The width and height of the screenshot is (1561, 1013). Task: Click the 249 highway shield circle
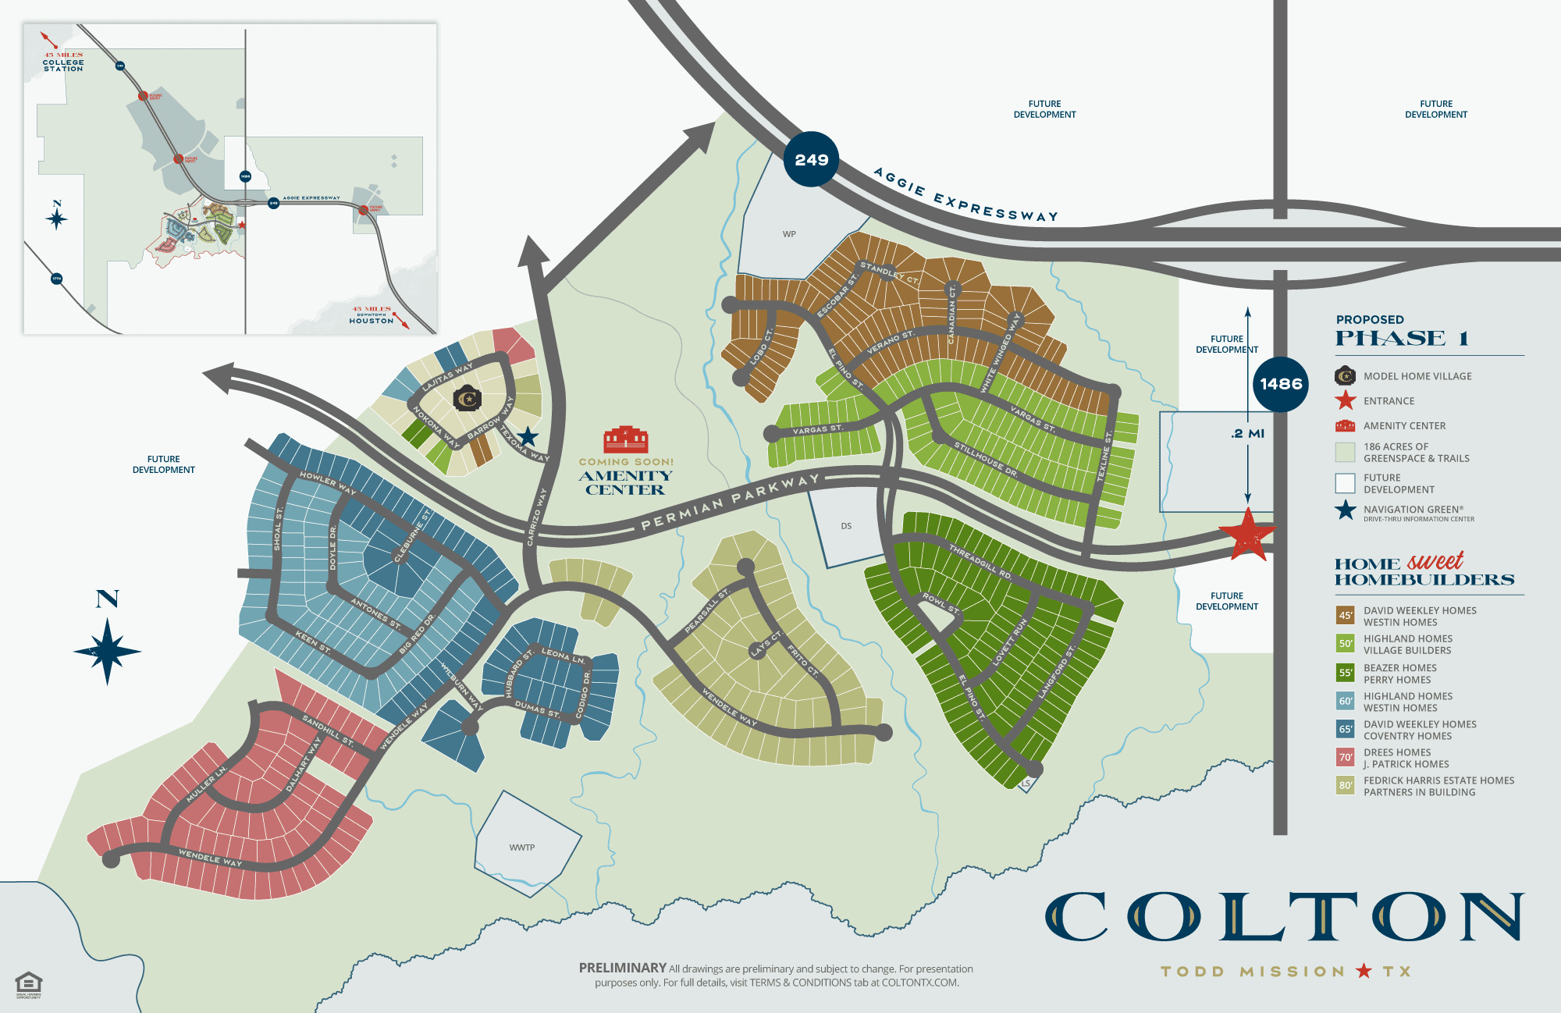(811, 159)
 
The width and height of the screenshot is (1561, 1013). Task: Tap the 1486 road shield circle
(1281, 384)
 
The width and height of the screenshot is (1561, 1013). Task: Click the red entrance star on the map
(1247, 535)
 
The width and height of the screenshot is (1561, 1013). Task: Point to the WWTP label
(522, 848)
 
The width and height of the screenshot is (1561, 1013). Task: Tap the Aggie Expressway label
(965, 195)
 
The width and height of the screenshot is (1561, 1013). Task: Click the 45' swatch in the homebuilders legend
(1345, 616)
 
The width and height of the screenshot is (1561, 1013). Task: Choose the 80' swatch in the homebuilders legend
(1345, 786)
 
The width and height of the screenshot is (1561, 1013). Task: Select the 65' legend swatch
(1345, 730)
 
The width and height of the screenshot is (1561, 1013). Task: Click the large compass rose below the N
(108, 651)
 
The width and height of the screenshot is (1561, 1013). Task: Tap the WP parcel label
(789, 234)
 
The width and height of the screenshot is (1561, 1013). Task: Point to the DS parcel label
(846, 526)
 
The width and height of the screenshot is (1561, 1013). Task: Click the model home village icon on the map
(468, 398)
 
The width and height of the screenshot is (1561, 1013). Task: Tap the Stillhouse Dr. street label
(986, 460)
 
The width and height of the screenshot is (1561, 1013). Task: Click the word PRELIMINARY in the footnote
(622, 968)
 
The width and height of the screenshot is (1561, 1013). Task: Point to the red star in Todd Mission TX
(1364, 971)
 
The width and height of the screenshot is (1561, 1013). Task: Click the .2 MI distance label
(1247, 434)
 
